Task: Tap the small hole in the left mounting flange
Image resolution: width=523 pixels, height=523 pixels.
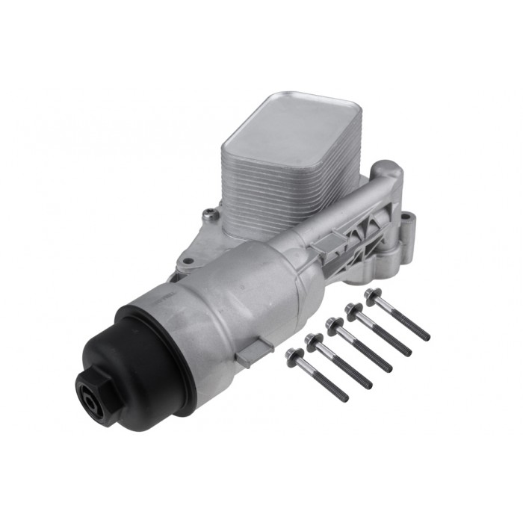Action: point(188,261)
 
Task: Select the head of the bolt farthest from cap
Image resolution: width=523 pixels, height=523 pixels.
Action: point(371,294)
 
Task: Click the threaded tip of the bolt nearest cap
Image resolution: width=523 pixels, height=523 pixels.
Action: point(344,397)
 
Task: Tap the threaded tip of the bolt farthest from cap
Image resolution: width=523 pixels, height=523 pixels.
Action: point(426,337)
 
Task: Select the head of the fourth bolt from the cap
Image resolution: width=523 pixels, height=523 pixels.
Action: point(352,309)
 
